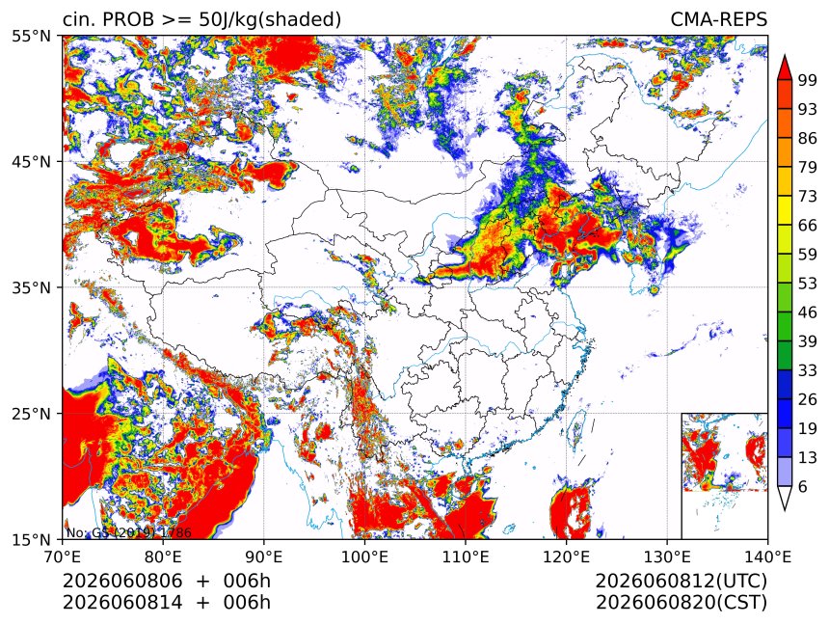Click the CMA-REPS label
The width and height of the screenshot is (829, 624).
coord(718,19)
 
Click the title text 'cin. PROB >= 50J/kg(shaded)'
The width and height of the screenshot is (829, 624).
coord(202,19)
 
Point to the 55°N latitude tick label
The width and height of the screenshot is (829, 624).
coord(32,36)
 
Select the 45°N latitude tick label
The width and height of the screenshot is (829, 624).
coord(32,161)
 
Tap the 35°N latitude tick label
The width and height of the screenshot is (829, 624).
coord(32,287)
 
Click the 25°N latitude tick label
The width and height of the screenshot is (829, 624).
coord(32,413)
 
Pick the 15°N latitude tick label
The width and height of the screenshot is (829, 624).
coord(32,539)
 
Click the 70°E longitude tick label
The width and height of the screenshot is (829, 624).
coord(63,556)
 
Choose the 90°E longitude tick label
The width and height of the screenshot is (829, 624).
coord(264,556)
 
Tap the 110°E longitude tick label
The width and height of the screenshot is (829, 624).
coord(466,556)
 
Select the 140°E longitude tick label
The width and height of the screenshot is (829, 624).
coord(767,556)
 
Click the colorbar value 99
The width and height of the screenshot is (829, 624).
coord(808,80)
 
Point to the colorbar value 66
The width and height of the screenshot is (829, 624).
coord(808,226)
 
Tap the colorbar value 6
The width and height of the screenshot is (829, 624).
coord(803,486)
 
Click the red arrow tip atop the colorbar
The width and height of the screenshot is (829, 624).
coord(785,56)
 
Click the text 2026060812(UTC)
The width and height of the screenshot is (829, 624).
coord(681,581)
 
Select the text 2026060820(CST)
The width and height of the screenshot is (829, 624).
coord(681,603)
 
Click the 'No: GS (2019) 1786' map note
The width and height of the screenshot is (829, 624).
coord(128,532)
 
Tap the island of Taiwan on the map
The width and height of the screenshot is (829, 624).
coord(575,429)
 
